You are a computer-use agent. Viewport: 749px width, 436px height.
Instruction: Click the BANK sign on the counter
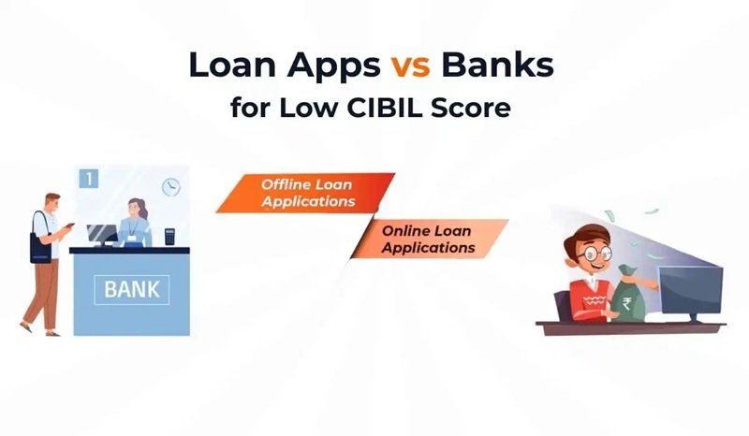coord(131,289)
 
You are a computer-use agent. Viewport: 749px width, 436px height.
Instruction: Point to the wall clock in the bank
coord(170,186)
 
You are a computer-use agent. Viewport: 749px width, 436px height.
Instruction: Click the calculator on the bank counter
coord(169,237)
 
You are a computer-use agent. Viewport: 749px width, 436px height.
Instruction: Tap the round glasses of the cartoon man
coord(589,252)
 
